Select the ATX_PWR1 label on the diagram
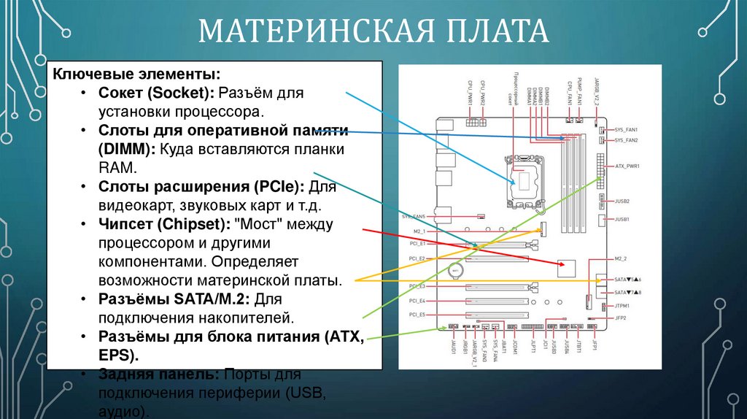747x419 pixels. (x=627, y=166)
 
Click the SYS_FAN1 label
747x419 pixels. (x=626, y=128)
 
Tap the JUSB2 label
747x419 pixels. (x=622, y=200)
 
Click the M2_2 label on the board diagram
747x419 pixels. (x=621, y=258)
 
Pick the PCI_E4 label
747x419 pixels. (x=417, y=301)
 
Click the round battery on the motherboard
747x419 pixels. (x=457, y=270)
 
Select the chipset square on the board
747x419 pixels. (x=566, y=267)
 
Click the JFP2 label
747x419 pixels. (x=621, y=318)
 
